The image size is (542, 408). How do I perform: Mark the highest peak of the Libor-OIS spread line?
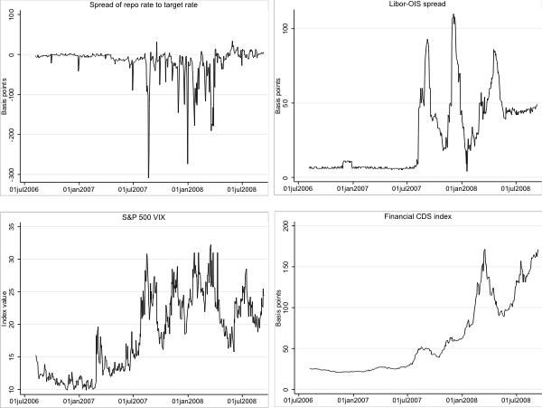(452, 14)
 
